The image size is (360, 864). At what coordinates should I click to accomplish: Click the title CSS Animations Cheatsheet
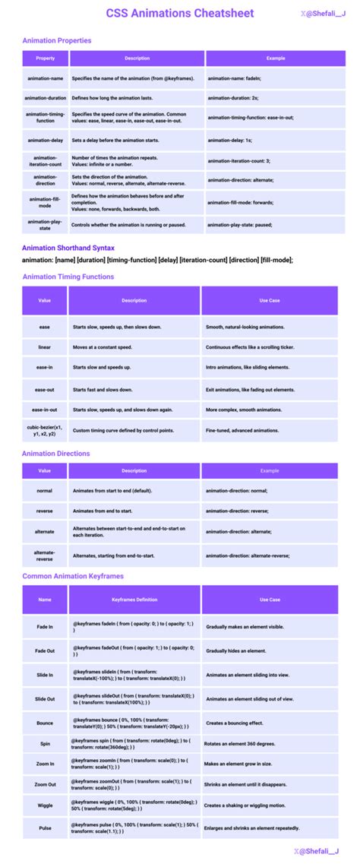(x=179, y=13)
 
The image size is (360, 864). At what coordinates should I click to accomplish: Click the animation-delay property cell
(x=45, y=140)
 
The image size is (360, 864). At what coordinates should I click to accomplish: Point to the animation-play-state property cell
(x=45, y=225)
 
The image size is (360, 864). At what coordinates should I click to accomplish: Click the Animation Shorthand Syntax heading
(x=68, y=248)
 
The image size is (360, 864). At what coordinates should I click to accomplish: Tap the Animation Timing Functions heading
(x=68, y=277)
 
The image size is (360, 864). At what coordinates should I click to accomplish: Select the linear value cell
(x=45, y=347)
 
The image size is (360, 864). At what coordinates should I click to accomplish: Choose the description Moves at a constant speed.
(x=102, y=347)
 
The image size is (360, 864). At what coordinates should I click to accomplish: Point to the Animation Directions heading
(x=56, y=454)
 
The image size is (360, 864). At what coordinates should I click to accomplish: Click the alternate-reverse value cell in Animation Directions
(x=45, y=555)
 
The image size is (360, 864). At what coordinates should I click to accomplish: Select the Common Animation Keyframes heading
(x=73, y=576)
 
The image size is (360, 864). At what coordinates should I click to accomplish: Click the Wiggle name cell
(x=45, y=804)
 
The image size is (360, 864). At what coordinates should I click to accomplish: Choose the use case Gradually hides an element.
(x=235, y=651)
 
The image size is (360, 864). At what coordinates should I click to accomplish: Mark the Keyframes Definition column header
(x=134, y=600)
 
